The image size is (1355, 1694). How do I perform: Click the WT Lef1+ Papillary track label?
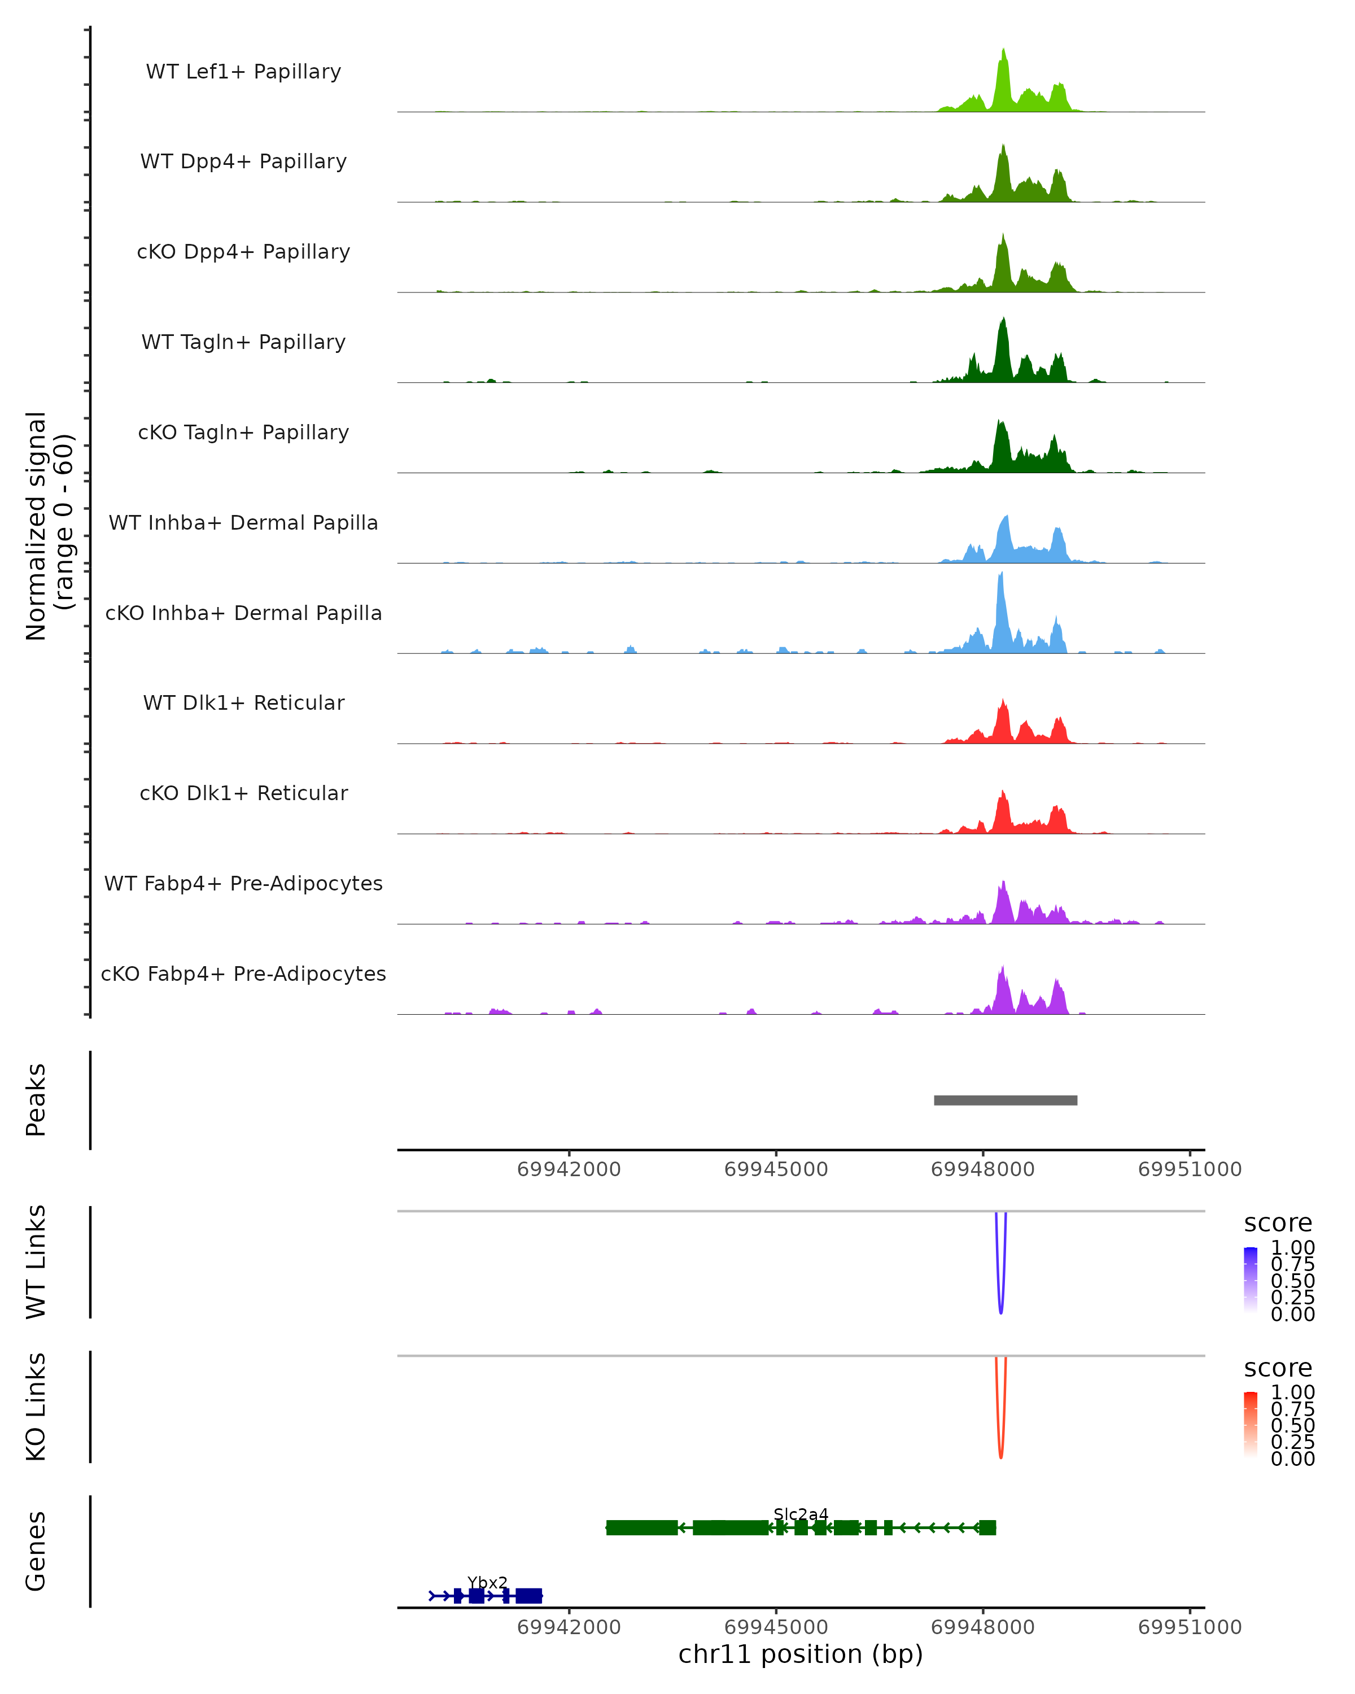click(243, 72)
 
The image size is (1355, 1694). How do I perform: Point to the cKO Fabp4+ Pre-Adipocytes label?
click(243, 973)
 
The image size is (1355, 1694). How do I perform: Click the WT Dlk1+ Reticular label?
click(243, 702)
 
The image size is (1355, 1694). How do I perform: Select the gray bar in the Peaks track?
click(1006, 1100)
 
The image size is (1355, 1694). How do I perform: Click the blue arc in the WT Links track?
click(1000, 1308)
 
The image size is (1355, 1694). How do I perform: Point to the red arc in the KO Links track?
click(1000, 1453)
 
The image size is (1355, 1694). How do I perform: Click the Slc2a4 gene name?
click(801, 1514)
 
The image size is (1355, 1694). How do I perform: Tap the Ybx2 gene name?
click(487, 1582)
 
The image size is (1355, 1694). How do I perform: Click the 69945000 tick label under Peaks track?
click(776, 1169)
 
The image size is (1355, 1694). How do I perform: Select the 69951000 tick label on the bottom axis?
click(1189, 1626)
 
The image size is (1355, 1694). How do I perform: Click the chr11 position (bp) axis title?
click(801, 1654)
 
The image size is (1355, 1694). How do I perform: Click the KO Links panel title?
click(36, 1407)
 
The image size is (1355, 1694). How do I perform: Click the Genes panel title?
click(36, 1552)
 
